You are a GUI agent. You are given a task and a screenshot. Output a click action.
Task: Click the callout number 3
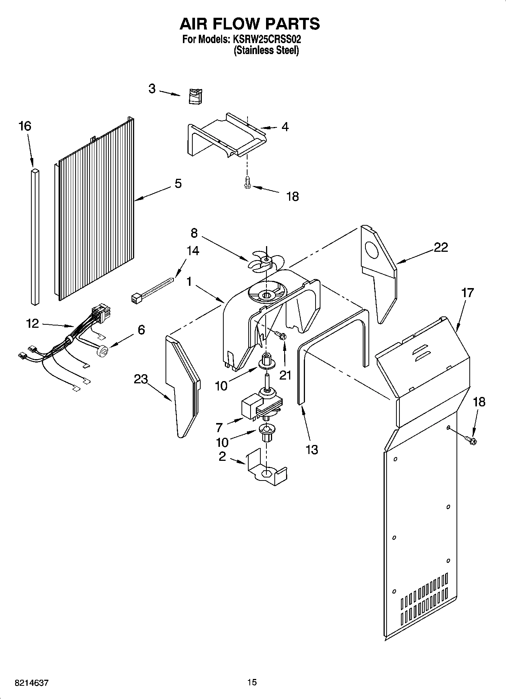click(x=152, y=89)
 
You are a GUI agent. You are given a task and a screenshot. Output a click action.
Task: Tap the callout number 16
click(x=25, y=126)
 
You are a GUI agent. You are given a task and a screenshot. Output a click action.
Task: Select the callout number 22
click(x=441, y=247)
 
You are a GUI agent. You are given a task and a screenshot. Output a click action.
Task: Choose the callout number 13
click(x=312, y=449)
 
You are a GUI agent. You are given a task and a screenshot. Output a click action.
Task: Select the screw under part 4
click(x=248, y=182)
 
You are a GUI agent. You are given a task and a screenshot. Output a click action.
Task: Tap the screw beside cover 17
click(x=470, y=439)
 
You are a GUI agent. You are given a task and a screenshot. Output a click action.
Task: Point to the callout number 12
click(x=33, y=324)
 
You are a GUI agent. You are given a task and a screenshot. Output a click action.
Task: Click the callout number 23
click(x=141, y=379)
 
